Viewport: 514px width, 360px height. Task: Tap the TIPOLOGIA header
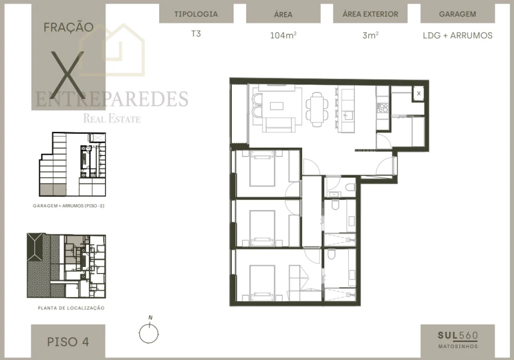(196, 14)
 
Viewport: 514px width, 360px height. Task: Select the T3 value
(196, 34)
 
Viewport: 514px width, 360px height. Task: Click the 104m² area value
(283, 35)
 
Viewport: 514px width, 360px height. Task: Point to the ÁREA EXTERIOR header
(370, 14)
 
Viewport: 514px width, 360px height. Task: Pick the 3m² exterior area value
(370, 35)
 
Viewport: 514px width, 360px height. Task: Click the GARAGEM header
(458, 14)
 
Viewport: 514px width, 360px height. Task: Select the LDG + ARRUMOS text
(458, 35)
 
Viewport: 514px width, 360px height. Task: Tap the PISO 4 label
(68, 342)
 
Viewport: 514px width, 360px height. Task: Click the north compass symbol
(148, 332)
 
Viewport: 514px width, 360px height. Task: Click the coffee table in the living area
(276, 106)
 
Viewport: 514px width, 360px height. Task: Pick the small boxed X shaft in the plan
(419, 93)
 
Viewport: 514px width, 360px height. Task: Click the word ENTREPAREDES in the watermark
(112, 99)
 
